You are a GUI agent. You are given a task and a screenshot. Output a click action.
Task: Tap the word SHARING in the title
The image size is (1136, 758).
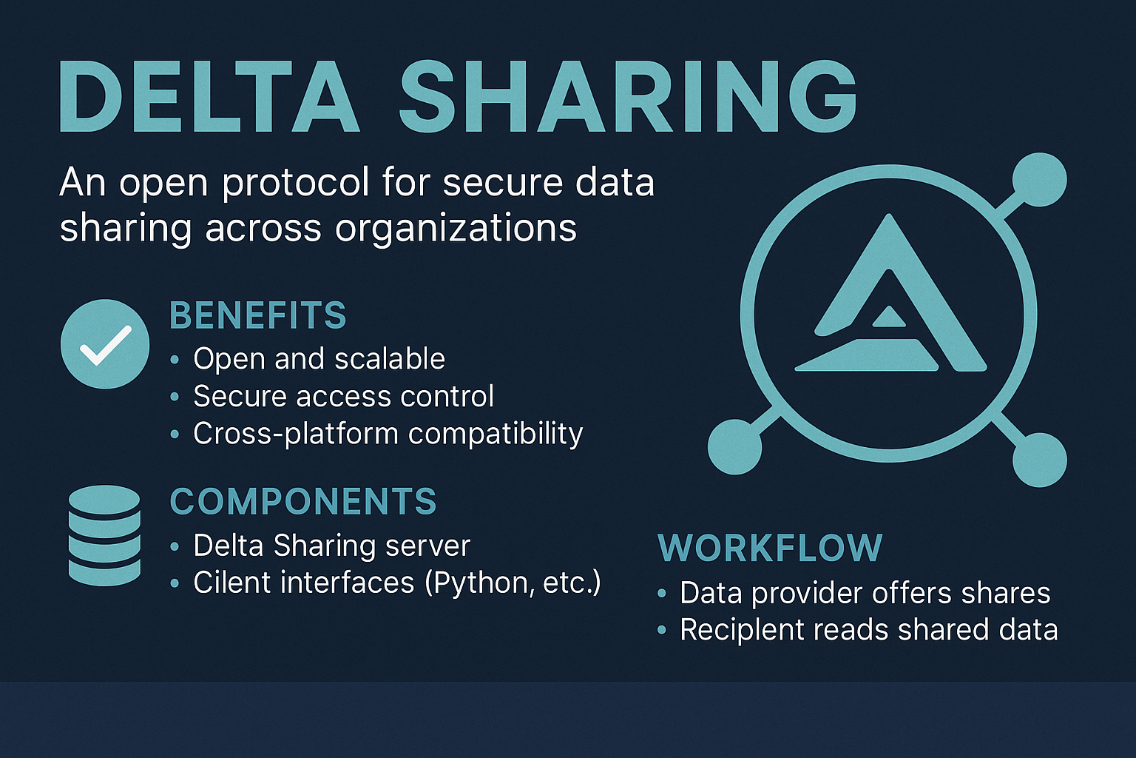(629, 96)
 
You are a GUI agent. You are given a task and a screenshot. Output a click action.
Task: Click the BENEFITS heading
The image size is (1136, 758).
(257, 315)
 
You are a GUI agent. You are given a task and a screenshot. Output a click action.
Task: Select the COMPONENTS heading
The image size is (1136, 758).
(303, 502)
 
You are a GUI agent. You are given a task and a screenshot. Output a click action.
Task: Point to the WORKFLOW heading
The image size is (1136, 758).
(770, 548)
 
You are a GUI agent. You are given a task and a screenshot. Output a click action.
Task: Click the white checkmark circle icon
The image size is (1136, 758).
(105, 343)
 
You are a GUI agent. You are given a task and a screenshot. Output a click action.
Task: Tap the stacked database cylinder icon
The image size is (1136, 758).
(104, 535)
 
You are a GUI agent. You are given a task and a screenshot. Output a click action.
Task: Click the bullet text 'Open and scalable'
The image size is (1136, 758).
(319, 359)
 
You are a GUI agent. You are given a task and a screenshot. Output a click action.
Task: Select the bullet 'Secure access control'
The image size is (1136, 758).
(343, 396)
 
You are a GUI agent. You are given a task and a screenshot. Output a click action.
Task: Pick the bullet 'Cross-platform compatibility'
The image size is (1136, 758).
(388, 434)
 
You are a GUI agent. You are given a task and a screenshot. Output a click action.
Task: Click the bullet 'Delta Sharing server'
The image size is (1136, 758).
(331, 546)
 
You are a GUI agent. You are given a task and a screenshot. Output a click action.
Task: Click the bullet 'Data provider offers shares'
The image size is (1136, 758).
(865, 593)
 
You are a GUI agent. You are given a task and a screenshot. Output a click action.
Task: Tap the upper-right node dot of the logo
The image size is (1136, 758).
(1039, 179)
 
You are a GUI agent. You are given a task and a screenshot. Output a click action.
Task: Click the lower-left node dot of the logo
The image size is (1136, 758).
(734, 447)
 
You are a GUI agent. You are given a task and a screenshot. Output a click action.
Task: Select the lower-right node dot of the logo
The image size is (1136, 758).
(1039, 460)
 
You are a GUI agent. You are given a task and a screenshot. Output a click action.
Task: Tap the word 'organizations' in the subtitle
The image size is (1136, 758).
(456, 228)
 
